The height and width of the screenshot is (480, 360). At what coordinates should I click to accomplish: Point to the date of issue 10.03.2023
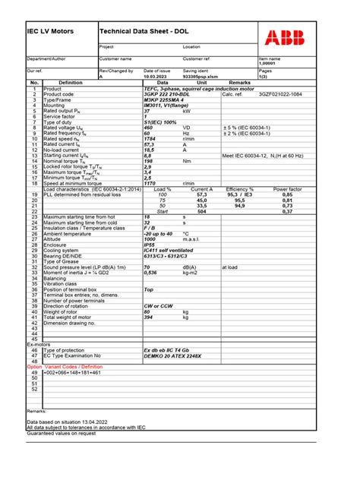click(157, 77)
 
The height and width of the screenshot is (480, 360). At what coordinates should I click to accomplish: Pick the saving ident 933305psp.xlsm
click(201, 77)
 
